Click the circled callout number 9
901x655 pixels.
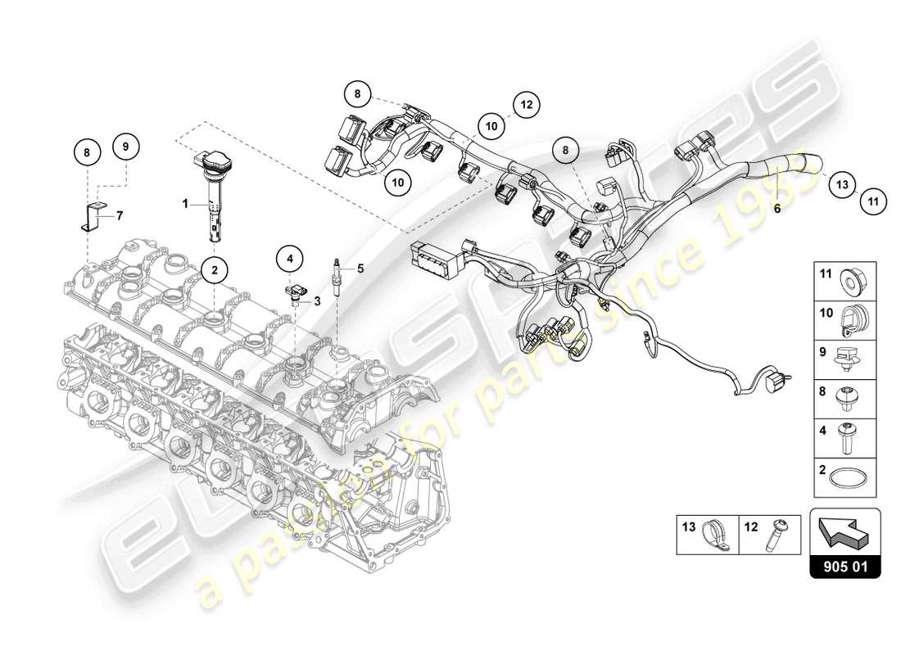tap(126, 147)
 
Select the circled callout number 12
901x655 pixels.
tap(525, 105)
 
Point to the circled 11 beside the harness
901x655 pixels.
tap(872, 200)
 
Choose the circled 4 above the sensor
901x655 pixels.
tap(289, 260)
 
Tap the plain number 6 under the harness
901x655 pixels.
tap(777, 209)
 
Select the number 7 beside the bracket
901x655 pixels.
tap(119, 215)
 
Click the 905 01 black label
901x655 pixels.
tap(844, 565)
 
